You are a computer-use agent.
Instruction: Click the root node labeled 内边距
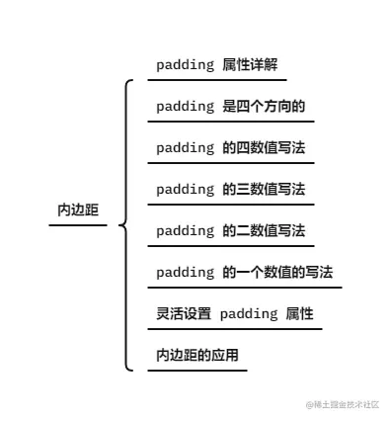78,210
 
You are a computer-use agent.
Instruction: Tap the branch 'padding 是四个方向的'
230,107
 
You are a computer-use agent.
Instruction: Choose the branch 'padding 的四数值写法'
230,148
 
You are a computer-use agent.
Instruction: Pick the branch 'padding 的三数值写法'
230,190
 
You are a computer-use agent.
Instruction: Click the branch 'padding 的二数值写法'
230,231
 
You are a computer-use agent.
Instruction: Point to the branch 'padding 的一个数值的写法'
244,273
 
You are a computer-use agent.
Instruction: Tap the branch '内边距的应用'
197,355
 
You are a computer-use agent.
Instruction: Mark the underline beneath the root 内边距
78,225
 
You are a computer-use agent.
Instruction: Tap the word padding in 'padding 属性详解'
185,65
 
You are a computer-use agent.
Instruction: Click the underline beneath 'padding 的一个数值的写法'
245,288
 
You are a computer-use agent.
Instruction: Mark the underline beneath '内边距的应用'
197,370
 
